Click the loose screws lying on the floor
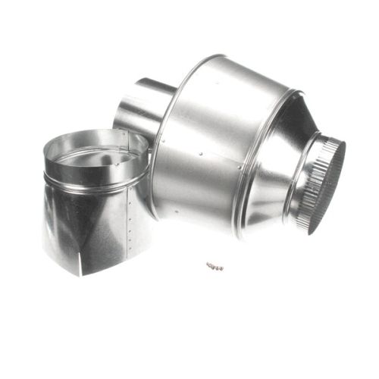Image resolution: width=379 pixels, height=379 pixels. pos(215,265)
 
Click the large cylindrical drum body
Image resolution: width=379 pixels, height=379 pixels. pos(212,144)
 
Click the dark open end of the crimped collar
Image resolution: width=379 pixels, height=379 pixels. pos(334,189)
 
